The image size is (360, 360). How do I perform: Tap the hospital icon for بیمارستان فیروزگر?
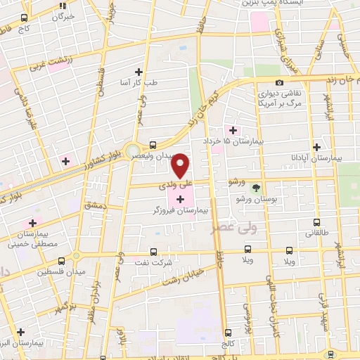click(181, 200)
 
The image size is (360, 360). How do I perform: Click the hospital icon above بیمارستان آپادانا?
click(318, 148)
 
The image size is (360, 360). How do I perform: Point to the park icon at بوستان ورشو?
click(256, 188)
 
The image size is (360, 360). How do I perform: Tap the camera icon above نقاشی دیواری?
click(280, 83)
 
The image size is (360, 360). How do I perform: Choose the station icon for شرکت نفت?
click(155, 251)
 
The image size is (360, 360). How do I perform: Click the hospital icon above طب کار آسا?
click(139, 72)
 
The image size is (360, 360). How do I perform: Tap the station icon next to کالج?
click(228, 333)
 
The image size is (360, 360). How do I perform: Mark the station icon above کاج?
click(25, 17)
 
